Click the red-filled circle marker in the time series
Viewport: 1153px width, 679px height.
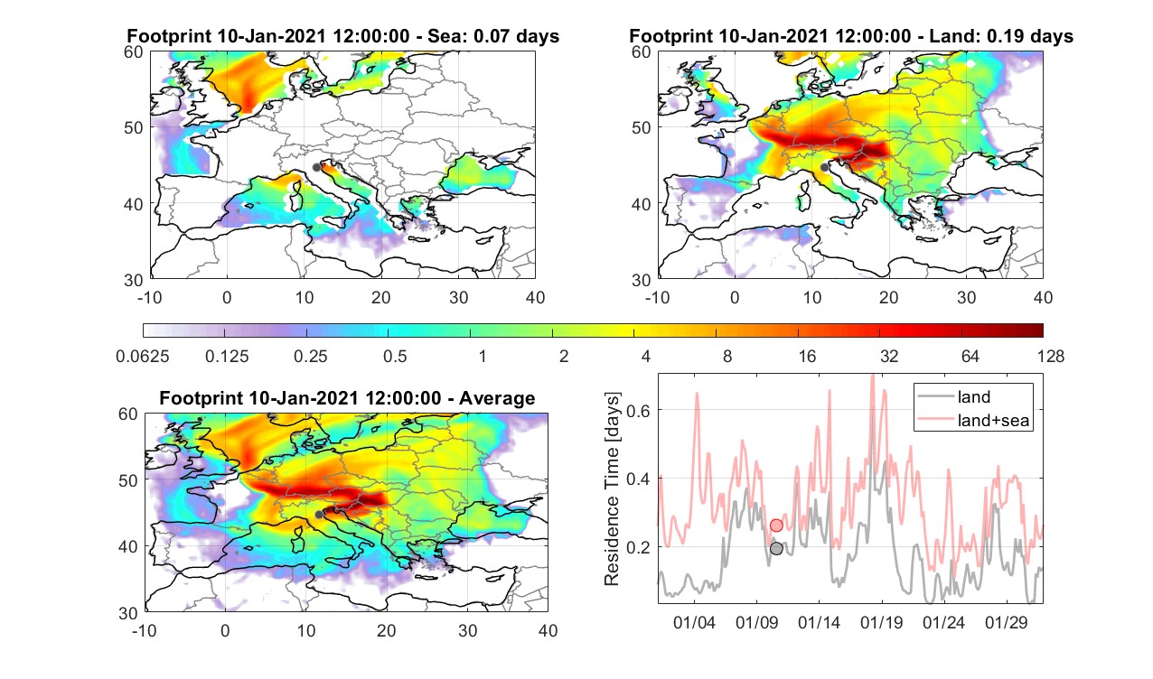tap(776, 526)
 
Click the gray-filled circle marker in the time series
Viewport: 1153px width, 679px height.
tap(776, 548)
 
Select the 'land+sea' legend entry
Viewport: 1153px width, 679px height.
tap(973, 420)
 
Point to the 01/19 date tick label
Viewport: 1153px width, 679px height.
tap(882, 622)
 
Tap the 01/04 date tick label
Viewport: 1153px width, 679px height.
tap(694, 622)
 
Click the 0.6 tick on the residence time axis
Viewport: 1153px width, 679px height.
tap(638, 411)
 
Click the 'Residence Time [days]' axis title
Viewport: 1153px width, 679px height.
tap(612, 488)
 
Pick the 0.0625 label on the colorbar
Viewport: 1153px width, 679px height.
tap(143, 356)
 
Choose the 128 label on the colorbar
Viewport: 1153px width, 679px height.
tap(1051, 356)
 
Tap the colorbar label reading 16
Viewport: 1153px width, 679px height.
tap(807, 356)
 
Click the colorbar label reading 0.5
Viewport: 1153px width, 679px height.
tap(395, 356)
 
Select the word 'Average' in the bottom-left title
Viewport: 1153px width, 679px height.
tap(497, 398)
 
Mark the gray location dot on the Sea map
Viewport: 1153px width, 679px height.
tap(316, 167)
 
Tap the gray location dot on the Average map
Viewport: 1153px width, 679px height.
tap(319, 515)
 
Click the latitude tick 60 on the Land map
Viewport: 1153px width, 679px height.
tap(642, 52)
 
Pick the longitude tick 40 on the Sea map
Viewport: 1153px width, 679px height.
tap(535, 297)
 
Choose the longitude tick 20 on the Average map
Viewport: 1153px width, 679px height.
tap(386, 630)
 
